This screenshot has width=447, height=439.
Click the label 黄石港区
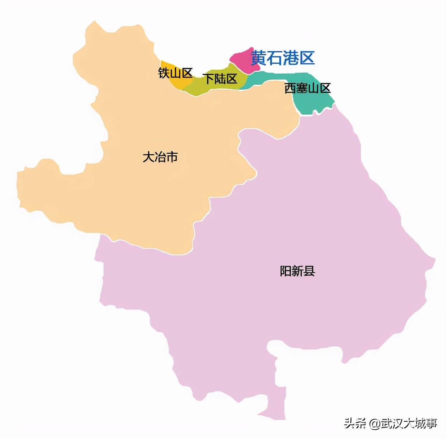(x=282, y=58)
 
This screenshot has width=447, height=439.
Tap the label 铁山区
(x=175, y=73)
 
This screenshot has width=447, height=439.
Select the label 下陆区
(x=220, y=79)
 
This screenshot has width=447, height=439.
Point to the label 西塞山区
(x=307, y=88)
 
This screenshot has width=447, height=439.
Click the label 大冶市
(x=160, y=157)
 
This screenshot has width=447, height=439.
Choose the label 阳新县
(x=297, y=271)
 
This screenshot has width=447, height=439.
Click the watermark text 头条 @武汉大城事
(x=391, y=423)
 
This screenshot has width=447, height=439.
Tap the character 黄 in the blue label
(x=258, y=58)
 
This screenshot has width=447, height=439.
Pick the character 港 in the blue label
(x=291, y=58)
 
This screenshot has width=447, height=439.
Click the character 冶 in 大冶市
(x=160, y=157)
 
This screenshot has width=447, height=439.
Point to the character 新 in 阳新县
(x=297, y=271)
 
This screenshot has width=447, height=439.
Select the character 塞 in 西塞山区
(x=302, y=88)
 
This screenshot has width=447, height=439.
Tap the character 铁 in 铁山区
(x=164, y=73)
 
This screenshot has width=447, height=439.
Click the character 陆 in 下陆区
(x=220, y=79)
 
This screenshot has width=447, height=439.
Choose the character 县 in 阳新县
(x=309, y=271)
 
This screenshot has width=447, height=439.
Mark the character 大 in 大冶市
(x=149, y=157)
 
